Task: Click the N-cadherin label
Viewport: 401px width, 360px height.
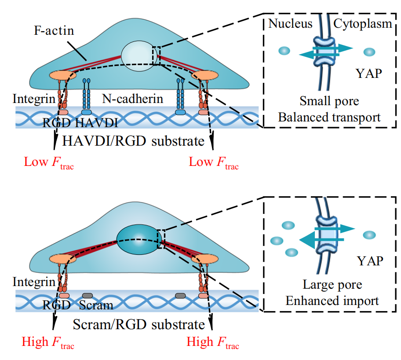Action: point(132,99)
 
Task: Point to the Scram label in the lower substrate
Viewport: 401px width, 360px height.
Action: point(98,305)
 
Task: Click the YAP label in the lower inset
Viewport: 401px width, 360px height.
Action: point(370,262)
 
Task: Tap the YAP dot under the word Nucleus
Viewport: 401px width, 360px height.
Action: point(284,51)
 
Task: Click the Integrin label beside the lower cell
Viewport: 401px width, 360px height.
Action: point(33,280)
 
